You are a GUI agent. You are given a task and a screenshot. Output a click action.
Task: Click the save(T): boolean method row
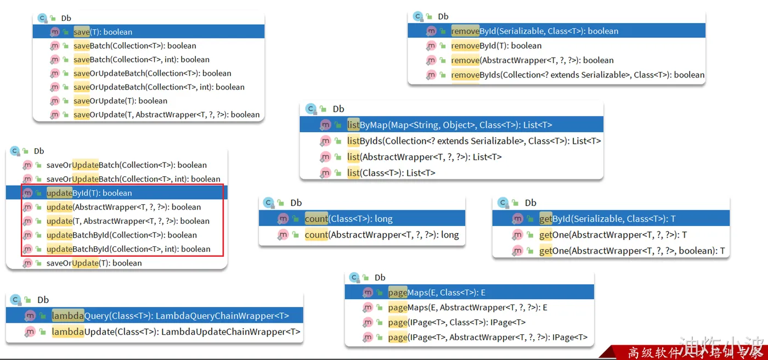tap(103, 32)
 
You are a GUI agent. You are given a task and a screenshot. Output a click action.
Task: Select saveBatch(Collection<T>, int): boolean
tap(141, 59)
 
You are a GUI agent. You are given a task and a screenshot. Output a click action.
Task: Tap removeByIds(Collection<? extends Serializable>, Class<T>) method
tap(577, 75)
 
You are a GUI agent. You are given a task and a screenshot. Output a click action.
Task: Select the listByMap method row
tap(449, 125)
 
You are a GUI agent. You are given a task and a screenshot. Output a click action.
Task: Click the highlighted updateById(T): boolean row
tap(89, 193)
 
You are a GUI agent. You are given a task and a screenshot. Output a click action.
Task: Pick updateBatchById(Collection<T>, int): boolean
tap(128, 249)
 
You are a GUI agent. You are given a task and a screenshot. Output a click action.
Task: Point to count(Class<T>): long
tap(348, 219)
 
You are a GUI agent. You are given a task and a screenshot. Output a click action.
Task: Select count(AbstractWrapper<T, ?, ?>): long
tap(381, 235)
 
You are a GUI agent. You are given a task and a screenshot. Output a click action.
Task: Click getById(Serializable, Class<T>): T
tap(607, 219)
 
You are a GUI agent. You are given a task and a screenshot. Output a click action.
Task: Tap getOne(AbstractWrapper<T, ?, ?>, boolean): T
tap(631, 251)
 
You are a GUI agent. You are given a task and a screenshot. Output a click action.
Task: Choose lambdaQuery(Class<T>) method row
tap(170, 316)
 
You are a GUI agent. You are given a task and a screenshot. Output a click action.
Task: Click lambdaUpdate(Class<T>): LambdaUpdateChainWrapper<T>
tap(176, 332)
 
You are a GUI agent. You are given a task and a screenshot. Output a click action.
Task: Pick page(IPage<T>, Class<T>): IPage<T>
tap(456, 322)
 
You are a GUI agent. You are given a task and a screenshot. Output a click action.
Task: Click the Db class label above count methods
tap(296, 203)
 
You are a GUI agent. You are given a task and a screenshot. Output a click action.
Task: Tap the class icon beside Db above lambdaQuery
tap(15, 300)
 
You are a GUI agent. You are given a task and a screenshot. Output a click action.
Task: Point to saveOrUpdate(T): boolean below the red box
tap(94, 263)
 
